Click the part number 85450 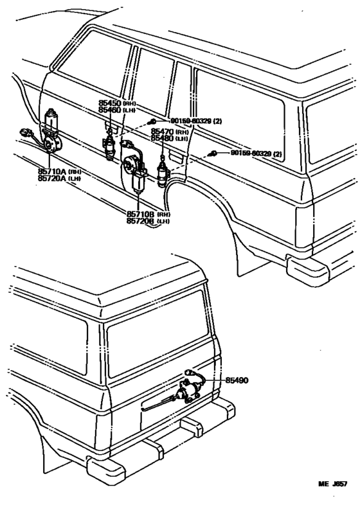tap(110, 104)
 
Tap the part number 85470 tap(162, 132)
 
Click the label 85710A tap(50, 172)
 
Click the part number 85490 tap(237, 380)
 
